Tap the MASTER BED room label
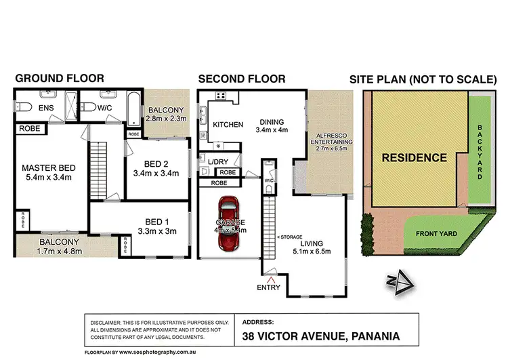pyautogui.click(x=47, y=168)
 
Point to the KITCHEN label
pyautogui.click(x=228, y=125)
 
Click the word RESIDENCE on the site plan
pyautogui.click(x=414, y=158)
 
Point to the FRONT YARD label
pyautogui.click(x=437, y=234)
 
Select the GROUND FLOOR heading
pyautogui.click(x=55, y=78)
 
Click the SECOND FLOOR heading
pyautogui.click(x=242, y=78)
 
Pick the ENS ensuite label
pyautogui.click(x=46, y=108)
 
